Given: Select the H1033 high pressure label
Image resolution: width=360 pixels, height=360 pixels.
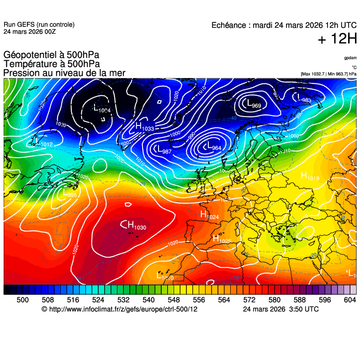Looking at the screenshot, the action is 144,127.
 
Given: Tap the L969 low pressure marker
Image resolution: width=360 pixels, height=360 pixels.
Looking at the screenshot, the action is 254,104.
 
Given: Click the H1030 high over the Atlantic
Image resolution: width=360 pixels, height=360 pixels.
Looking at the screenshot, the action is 136,225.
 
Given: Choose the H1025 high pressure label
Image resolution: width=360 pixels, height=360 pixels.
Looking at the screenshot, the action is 222,239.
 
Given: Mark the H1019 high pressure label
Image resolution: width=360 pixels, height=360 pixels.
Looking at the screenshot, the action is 310,177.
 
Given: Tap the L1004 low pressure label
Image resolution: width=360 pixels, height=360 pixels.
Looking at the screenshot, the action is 101,109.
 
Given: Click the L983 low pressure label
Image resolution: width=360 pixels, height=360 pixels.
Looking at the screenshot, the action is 304,99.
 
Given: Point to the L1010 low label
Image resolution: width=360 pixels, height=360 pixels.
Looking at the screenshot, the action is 165,276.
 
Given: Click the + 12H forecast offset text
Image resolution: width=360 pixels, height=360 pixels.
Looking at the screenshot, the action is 337,40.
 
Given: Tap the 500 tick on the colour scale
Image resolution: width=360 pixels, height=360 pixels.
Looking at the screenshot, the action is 22,300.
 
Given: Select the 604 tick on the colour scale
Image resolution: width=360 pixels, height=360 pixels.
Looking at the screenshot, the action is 349,300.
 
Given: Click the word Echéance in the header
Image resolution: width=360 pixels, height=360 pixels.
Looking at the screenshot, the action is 230,26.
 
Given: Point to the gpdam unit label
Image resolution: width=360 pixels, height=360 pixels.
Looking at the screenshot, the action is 350,58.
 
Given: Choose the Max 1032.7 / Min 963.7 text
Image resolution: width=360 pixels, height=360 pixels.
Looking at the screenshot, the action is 328,73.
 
